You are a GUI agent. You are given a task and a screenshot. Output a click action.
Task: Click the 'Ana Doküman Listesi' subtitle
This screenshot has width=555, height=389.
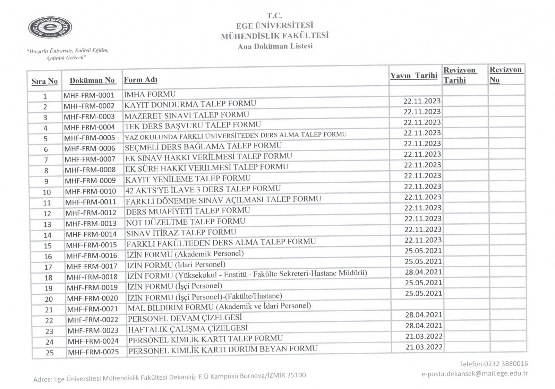click(275, 46)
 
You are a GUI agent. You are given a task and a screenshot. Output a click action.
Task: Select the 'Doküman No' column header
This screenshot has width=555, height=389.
click(92, 80)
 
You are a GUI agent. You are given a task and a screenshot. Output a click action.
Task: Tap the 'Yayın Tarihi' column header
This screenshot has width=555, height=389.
click(414, 76)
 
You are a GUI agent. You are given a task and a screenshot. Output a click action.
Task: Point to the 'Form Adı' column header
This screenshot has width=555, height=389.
click(140, 80)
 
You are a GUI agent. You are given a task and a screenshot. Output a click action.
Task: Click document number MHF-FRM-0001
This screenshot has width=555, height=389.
click(89, 95)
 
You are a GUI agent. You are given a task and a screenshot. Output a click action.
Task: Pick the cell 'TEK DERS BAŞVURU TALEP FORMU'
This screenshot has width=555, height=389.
click(193, 125)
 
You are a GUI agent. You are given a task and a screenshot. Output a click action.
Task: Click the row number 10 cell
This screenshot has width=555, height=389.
click(47, 192)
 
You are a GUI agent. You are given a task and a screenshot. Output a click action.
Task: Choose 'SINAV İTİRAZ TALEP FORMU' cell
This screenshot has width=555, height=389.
click(181, 232)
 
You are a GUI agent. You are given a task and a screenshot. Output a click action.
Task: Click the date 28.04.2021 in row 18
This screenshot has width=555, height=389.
click(424, 272)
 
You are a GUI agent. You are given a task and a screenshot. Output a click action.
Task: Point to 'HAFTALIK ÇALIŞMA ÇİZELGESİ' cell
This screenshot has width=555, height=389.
click(188, 328)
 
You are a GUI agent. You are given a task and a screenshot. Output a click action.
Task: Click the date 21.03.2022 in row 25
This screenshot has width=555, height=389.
click(424, 347)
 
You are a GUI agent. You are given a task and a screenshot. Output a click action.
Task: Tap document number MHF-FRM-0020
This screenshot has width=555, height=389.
click(92, 298)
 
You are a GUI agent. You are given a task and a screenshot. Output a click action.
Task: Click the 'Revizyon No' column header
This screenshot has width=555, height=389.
click(505, 75)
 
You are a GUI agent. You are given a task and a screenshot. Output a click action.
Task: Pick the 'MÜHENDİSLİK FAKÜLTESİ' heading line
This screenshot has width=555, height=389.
click(275, 35)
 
